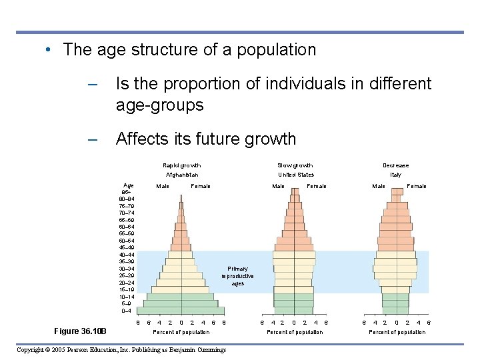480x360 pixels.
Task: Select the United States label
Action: (x=295, y=175)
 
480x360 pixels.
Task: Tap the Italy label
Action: (x=396, y=175)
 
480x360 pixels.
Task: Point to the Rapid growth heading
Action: (x=182, y=165)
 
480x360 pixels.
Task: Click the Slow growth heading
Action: (x=295, y=165)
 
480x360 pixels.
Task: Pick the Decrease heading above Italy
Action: (x=396, y=165)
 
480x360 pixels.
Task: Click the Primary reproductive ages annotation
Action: (x=238, y=276)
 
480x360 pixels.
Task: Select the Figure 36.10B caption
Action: (x=85, y=331)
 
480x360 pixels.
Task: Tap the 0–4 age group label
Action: (x=126, y=311)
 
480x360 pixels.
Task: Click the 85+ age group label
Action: (x=126, y=191)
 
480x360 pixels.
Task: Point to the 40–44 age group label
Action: (x=126, y=255)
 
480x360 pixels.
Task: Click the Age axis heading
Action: (x=129, y=185)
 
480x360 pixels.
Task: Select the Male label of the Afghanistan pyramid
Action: (x=163, y=186)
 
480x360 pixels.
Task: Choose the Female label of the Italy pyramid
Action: (x=417, y=186)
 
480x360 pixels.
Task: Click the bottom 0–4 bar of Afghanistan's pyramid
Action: (x=182, y=311)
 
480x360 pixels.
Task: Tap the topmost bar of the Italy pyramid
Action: (x=397, y=191)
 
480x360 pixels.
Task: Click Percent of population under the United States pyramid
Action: (x=295, y=332)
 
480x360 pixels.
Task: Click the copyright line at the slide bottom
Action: (x=121, y=349)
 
